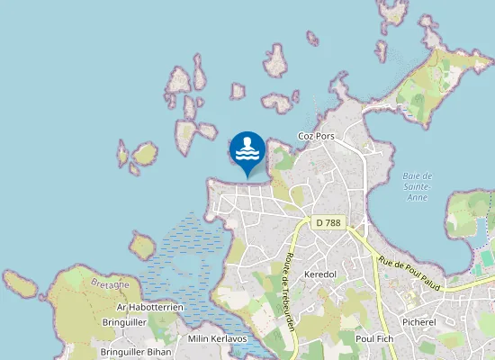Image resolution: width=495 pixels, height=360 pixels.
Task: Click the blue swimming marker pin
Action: click(x=247, y=150)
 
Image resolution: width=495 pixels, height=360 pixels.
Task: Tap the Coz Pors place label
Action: click(x=316, y=137)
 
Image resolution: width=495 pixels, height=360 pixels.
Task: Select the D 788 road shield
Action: click(x=330, y=222)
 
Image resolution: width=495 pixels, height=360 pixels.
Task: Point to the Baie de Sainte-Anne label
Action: click(x=418, y=185)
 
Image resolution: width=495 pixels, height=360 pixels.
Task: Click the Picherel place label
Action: click(x=419, y=321)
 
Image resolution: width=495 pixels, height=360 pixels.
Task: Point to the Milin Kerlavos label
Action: click(x=217, y=339)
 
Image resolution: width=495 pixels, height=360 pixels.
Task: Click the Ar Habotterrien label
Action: click(x=150, y=307)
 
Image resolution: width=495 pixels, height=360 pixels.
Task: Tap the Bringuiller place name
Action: click(x=125, y=321)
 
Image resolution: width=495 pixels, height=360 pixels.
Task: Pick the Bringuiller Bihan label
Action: click(x=136, y=352)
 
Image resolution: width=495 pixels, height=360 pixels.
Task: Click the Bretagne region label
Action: click(x=111, y=283)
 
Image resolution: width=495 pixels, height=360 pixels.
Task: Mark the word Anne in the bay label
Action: click(x=418, y=196)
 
